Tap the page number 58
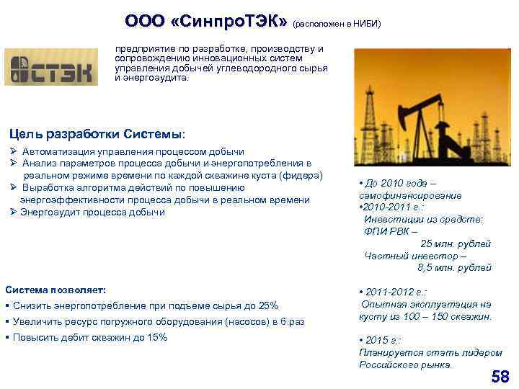pyautogui.click(x=500, y=376)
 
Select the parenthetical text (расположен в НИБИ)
pyautogui.click(x=336, y=23)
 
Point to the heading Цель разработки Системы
pyautogui.click(x=97, y=134)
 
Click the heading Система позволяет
pyautogui.click(x=56, y=290)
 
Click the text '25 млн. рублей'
pyautogui.click(x=455, y=243)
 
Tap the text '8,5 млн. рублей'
pyautogui.click(x=454, y=267)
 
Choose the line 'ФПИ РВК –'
pyautogui.click(x=391, y=231)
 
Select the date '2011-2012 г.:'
pyautogui.click(x=395, y=292)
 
